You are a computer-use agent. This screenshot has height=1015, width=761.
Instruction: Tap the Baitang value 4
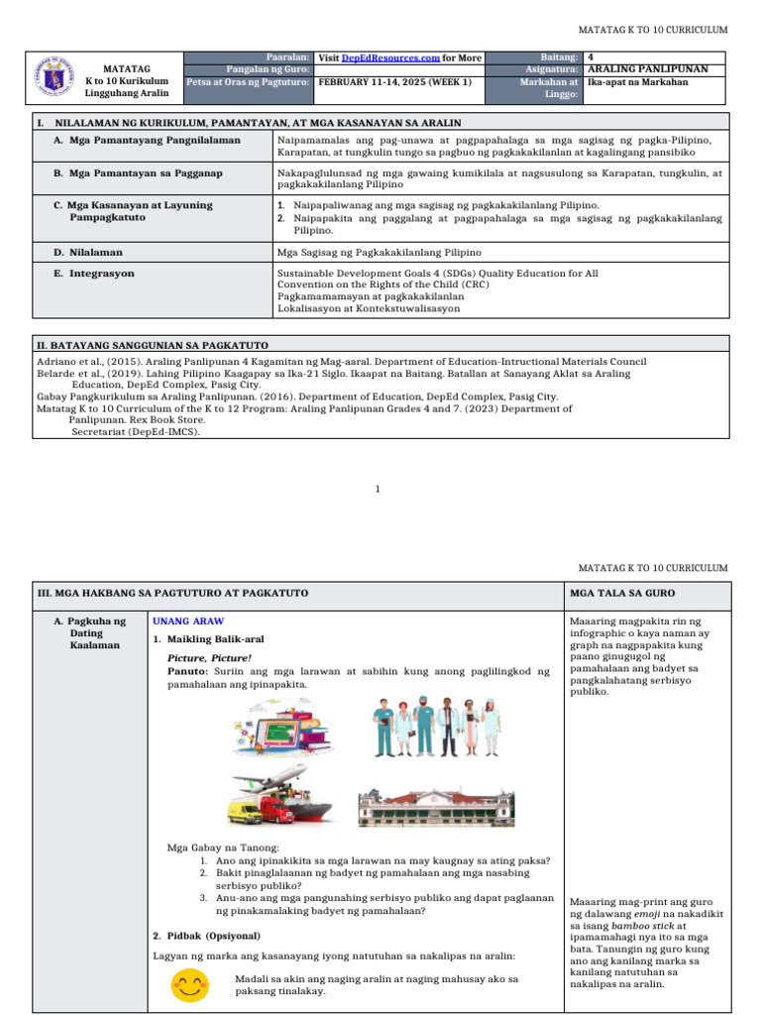(x=591, y=58)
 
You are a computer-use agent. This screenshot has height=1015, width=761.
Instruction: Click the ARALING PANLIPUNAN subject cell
(x=647, y=70)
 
